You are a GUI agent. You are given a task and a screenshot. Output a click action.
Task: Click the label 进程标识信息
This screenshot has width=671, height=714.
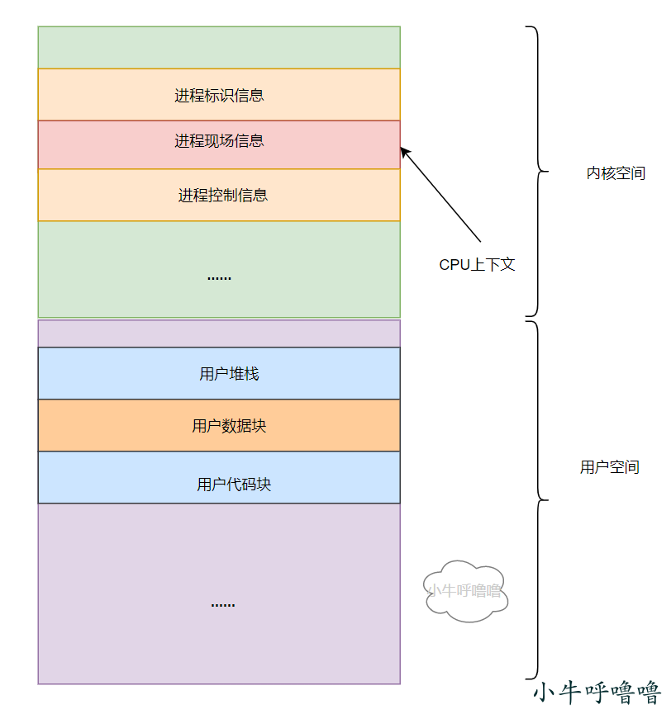[219, 96]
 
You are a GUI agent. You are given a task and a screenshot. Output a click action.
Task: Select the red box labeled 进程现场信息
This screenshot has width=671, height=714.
[219, 144]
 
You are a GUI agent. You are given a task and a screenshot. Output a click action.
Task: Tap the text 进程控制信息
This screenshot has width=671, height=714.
[222, 196]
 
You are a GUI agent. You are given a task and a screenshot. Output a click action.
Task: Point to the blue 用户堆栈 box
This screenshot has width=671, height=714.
[219, 373]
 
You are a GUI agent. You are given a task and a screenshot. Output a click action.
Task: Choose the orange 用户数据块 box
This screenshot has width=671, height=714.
[219, 425]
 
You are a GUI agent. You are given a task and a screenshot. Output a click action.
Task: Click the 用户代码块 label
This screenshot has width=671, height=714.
[234, 484]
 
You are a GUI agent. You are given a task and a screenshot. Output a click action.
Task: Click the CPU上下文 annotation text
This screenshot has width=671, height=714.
[477, 265]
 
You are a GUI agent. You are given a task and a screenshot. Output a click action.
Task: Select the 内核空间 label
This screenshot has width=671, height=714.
[616, 173]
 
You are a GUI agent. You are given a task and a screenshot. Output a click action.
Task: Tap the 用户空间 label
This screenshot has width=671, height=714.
[610, 466]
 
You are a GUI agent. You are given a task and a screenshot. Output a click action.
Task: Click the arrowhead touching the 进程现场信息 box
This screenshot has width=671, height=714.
[404, 152]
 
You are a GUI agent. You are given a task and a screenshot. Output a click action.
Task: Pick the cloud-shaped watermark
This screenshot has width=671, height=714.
[465, 591]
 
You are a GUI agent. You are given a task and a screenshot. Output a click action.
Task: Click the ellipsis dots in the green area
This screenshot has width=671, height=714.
[219, 278]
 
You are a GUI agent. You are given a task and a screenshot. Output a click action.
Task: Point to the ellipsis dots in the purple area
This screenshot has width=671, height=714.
[223, 605]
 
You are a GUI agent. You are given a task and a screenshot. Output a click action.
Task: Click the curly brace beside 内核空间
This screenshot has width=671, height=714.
[538, 171]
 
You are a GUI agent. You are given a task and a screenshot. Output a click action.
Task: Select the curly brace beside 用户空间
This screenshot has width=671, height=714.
[538, 500]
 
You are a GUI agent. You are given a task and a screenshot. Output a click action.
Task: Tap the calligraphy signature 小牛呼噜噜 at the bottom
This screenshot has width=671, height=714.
[597, 693]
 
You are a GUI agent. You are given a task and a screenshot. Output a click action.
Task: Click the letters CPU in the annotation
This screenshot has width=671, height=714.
[454, 265]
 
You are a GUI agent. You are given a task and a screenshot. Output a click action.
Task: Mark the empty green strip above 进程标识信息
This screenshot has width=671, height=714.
[219, 48]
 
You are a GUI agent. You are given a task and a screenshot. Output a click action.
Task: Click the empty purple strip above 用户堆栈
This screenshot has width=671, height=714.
[219, 333]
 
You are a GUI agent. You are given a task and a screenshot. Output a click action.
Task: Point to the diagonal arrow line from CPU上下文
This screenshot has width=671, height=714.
[440, 195]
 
